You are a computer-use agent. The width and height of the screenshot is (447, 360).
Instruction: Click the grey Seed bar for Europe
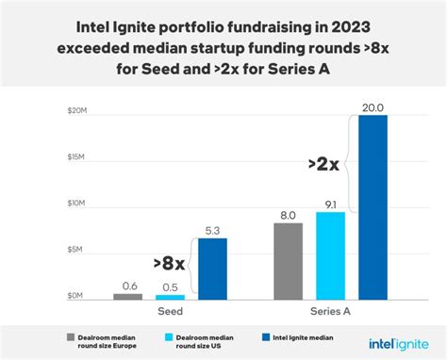tap(127, 295)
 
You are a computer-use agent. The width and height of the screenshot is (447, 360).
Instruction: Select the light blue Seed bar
tap(170, 296)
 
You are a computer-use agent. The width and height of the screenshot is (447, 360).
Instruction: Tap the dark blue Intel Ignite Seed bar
tap(213, 269)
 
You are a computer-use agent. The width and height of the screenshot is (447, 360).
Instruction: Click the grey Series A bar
tap(289, 260)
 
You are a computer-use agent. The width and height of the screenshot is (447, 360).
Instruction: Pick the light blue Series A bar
tap(330, 254)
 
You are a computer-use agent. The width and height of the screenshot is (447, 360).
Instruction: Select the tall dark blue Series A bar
tap(372, 206)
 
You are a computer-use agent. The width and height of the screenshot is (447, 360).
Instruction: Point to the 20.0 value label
tap(372, 105)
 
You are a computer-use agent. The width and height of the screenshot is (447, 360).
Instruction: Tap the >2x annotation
tap(323, 165)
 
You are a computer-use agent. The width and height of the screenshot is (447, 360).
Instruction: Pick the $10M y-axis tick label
tap(77, 205)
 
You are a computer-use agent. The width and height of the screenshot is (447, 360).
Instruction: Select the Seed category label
tap(170, 310)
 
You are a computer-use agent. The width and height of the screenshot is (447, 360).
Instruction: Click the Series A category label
tap(330, 310)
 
